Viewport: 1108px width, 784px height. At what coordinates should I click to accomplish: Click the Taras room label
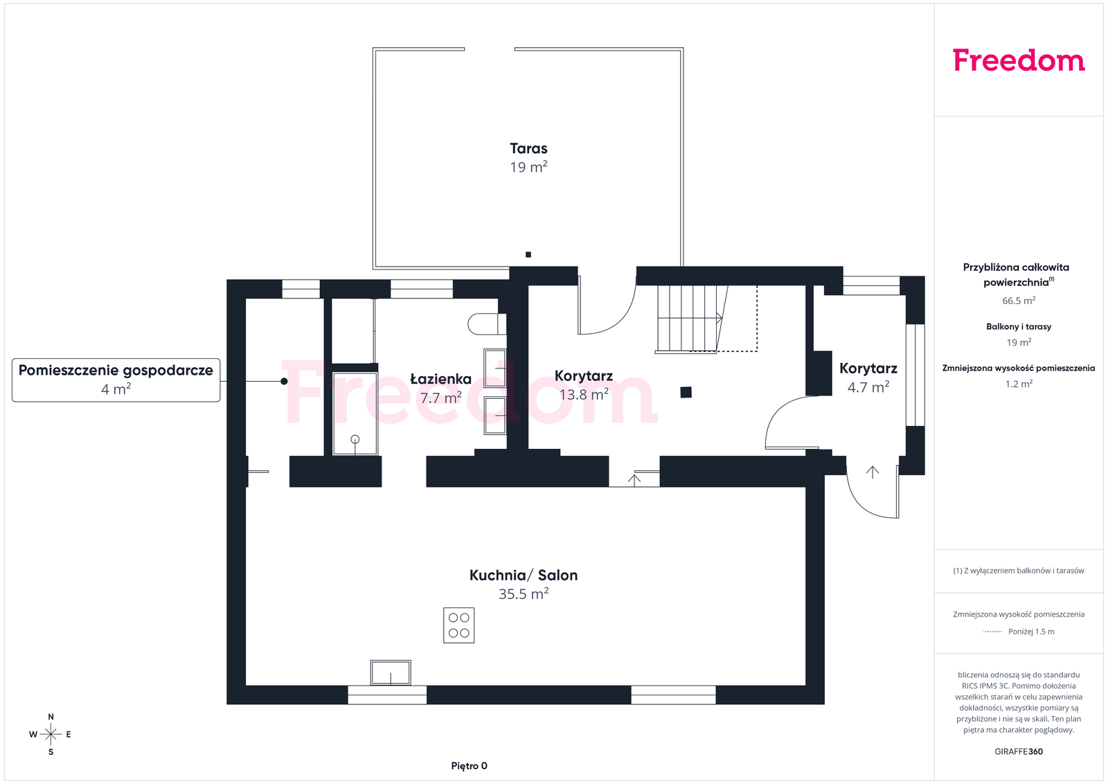pyautogui.click(x=528, y=148)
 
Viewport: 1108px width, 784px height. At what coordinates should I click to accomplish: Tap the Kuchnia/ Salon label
pyautogui.click(x=524, y=576)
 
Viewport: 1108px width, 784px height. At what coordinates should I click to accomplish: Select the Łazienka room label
pyautogui.click(x=440, y=379)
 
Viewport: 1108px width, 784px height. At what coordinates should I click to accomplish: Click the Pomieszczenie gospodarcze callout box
pyautogui.click(x=116, y=380)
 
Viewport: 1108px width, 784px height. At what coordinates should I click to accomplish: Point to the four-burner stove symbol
pyautogui.click(x=458, y=625)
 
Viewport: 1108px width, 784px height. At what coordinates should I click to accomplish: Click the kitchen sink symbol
pyautogui.click(x=391, y=672)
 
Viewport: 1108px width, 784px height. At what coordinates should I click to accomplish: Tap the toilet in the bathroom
pyautogui.click(x=487, y=324)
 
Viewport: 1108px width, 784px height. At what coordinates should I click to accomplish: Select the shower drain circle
pyautogui.click(x=355, y=439)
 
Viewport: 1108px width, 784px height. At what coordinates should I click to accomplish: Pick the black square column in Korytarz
pyautogui.click(x=686, y=392)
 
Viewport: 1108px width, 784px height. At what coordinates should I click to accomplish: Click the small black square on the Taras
pyautogui.click(x=528, y=255)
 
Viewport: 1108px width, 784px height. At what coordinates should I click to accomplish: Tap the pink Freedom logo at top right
pyautogui.click(x=1019, y=60)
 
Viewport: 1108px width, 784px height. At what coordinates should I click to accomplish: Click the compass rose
pyautogui.click(x=51, y=734)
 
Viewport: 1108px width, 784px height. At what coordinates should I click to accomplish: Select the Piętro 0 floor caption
pyautogui.click(x=469, y=766)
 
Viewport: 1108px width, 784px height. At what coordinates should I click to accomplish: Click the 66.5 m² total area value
pyautogui.click(x=1019, y=301)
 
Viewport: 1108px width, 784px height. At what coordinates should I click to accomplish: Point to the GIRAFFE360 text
pyautogui.click(x=1019, y=751)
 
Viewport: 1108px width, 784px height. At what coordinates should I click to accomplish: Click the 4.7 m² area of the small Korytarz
pyautogui.click(x=868, y=387)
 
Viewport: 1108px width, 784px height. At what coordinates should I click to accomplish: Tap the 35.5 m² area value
pyautogui.click(x=524, y=594)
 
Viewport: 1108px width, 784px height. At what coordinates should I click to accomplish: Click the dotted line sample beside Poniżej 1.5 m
pyautogui.click(x=992, y=632)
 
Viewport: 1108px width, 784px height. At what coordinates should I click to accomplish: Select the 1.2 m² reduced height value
pyautogui.click(x=1019, y=384)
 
